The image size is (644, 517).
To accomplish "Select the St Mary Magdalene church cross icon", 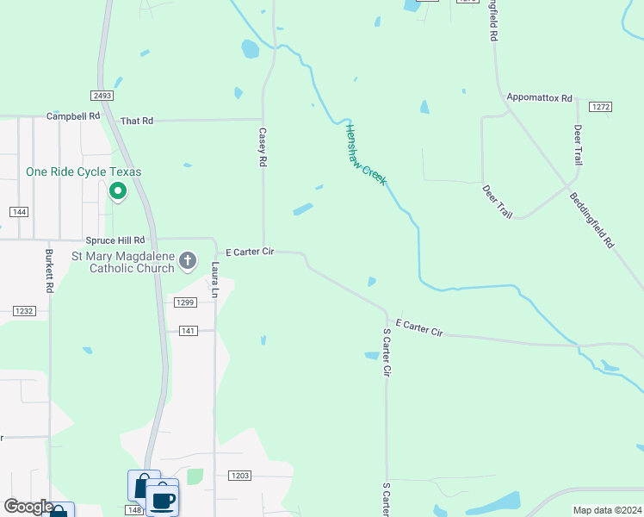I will [188, 261].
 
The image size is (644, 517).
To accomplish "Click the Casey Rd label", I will [263, 148].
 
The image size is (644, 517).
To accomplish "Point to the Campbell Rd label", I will [73, 115].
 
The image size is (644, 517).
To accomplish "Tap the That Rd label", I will [136, 121].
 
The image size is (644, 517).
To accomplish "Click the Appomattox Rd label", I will [540, 98].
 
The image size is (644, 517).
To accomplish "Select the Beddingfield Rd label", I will [591, 221].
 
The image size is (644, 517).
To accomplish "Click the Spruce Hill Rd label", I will [115, 240].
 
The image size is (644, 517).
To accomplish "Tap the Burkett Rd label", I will [49, 271].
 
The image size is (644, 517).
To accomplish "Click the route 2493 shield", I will [100, 96].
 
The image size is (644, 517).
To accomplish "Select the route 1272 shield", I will [600, 107].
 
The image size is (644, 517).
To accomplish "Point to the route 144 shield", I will [18, 212].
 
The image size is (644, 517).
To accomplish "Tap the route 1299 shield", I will [185, 302].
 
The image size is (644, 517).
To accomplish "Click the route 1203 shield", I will [239, 476].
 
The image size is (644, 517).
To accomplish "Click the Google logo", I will [28, 507].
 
